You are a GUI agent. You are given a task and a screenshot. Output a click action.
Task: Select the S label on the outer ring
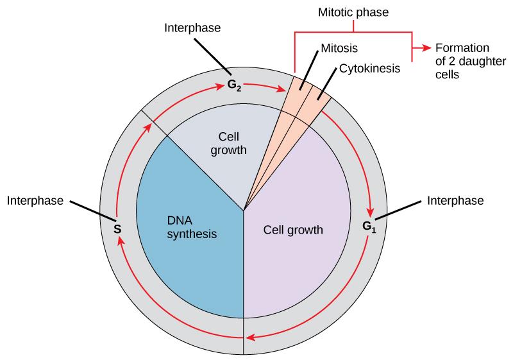pyautogui.click(x=117, y=228)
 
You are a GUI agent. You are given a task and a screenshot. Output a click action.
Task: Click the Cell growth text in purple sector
pyautogui.click(x=293, y=229)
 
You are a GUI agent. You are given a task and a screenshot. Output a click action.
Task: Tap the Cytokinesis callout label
pyautogui.click(x=369, y=67)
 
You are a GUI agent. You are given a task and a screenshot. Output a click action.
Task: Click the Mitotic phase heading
pyautogui.click(x=353, y=12)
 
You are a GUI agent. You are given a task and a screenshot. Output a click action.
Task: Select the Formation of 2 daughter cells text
pyautogui.click(x=462, y=61)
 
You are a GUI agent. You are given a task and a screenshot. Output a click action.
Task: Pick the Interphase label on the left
pyautogui.click(x=35, y=201)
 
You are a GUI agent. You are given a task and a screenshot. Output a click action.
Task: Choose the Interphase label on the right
pyautogui.click(x=455, y=201)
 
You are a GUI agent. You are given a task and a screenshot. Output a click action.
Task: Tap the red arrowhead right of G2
pyautogui.click(x=282, y=90)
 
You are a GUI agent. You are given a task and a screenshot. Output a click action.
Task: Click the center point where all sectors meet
pyautogui.click(x=244, y=210)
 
